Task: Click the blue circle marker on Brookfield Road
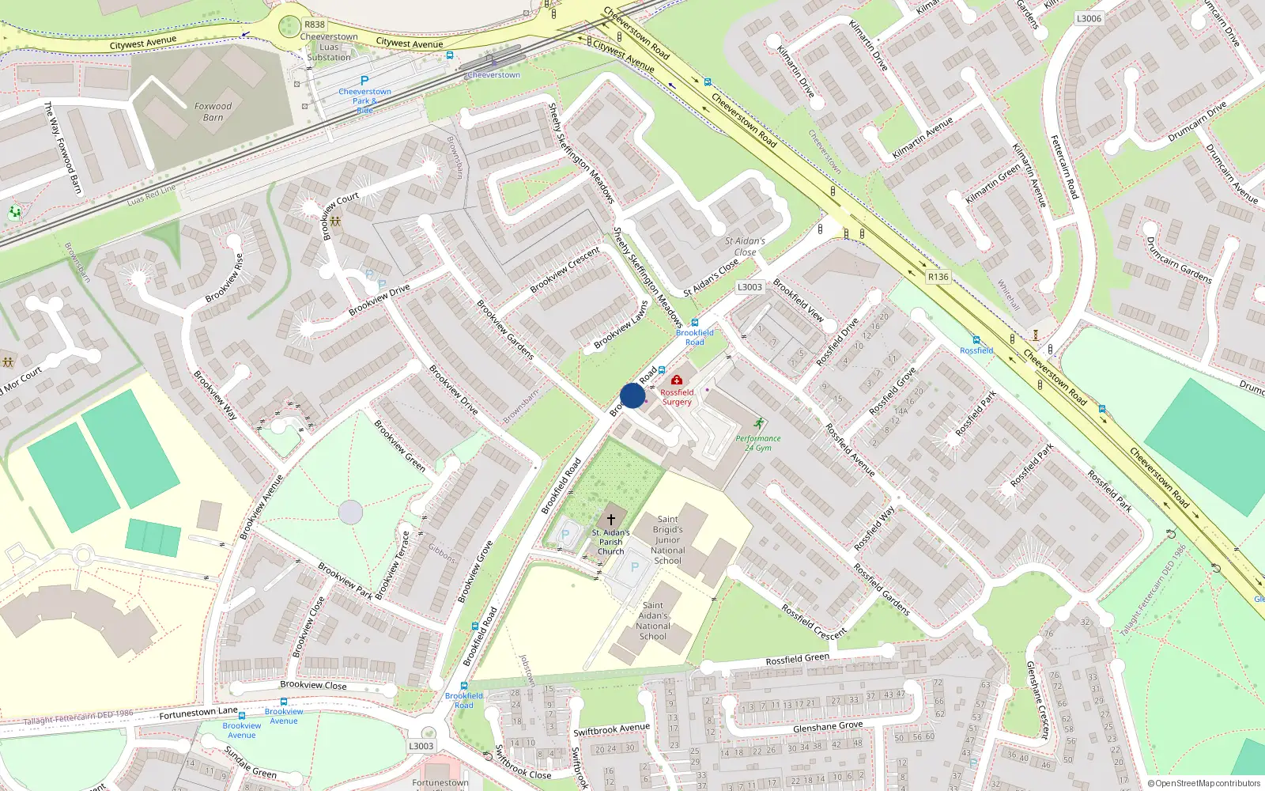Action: tap(632, 395)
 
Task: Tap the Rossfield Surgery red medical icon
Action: tap(677, 380)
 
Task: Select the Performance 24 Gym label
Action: tap(758, 443)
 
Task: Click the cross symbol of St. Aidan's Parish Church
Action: tap(610, 519)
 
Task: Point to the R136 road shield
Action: tap(938, 277)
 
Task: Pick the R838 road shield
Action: tap(315, 25)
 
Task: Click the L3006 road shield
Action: tap(1089, 18)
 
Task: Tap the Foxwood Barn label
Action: tap(213, 112)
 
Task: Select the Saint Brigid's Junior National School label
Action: tap(667, 540)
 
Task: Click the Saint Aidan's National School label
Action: tap(653, 621)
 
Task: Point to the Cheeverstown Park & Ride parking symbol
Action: tap(364, 81)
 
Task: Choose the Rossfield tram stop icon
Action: tap(976, 340)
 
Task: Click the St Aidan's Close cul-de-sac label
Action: tap(745, 247)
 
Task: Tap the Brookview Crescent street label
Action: tap(565, 270)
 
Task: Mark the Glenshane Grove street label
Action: tap(828, 726)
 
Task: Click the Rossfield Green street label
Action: tap(797, 659)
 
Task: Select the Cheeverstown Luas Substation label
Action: tap(329, 47)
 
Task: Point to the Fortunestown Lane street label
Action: tap(198, 713)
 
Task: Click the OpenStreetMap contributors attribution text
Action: tap(1204, 784)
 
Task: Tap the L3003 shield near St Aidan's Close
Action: tap(750, 287)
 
